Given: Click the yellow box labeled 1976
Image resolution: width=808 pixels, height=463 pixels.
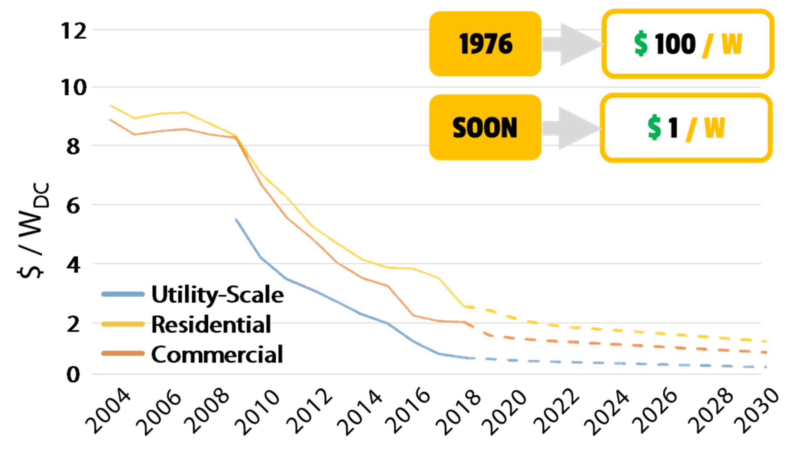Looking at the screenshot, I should click(485, 44).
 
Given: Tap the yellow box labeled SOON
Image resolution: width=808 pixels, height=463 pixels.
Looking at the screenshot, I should click(485, 127).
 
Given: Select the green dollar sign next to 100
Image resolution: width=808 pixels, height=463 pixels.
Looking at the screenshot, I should click(641, 44).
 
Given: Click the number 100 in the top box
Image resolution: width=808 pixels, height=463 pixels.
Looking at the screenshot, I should click(675, 44).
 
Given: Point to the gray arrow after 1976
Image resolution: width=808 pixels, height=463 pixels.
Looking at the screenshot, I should click(572, 44).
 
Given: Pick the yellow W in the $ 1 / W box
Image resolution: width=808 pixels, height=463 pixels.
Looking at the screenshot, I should click(714, 128).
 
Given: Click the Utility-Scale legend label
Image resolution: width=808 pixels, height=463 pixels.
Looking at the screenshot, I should click(217, 295).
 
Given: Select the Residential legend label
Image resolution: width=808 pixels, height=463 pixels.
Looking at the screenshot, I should click(211, 325).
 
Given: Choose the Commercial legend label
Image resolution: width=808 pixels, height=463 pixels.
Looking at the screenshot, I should click(217, 354).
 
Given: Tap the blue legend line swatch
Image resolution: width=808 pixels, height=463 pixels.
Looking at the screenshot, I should click(123, 295).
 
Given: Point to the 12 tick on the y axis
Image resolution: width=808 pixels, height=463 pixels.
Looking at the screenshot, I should click(73, 31).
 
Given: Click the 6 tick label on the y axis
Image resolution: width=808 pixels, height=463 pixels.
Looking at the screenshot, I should click(73, 205).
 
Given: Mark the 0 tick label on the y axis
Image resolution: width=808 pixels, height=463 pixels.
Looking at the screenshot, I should click(73, 375).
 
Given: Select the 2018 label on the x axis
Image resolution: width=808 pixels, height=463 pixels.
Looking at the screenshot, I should click(459, 411).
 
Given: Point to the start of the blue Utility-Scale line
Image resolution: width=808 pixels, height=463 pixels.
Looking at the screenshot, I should click(236, 219).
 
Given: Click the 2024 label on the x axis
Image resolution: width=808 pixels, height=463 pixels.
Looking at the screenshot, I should click(608, 411).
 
